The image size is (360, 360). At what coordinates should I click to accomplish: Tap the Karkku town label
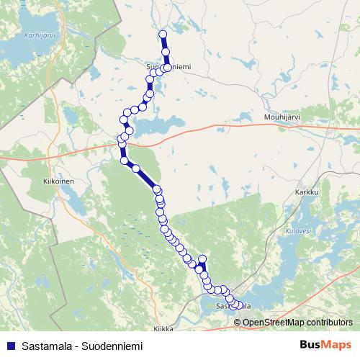pos(306,193)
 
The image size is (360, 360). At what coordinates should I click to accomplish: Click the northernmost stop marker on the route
pos(163,35)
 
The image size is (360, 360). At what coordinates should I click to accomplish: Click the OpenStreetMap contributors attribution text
pos(297,322)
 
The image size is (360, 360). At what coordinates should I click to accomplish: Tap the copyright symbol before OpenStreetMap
pos(237,322)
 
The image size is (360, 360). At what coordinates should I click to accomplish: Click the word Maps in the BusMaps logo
pos(339,345)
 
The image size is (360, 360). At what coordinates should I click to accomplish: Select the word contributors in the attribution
pos(329,322)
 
